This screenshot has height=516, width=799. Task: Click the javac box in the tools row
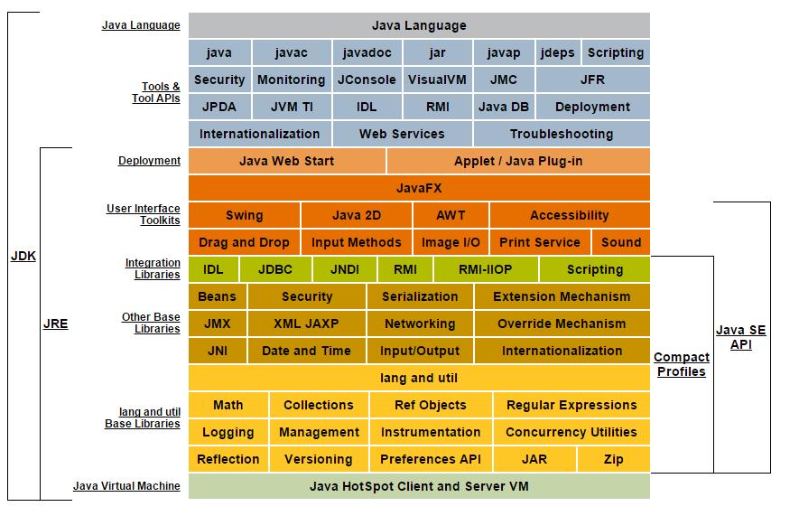[292, 52]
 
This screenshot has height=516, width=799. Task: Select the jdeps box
[557, 52]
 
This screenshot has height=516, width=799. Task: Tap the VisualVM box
[437, 80]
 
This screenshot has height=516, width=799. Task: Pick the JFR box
[592, 80]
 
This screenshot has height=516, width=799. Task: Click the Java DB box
[504, 107]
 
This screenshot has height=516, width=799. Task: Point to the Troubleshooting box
[561, 134]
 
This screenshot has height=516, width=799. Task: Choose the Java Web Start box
[286, 161]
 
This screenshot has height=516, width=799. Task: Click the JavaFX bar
[419, 188]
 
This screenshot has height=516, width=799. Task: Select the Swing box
[244, 215]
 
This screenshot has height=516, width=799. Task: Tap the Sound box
[620, 242]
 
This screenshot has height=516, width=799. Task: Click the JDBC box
[275, 269]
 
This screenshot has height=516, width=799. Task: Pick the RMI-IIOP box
[486, 269]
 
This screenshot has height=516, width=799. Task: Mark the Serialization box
[420, 296]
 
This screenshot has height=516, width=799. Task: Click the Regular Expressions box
[571, 405]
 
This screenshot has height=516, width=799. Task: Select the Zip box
[613, 459]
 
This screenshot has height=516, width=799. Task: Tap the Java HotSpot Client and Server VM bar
[419, 486]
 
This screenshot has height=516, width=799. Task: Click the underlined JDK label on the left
[23, 256]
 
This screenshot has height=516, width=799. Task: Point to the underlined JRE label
[55, 324]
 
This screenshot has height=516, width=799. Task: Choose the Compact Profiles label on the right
[681, 364]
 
